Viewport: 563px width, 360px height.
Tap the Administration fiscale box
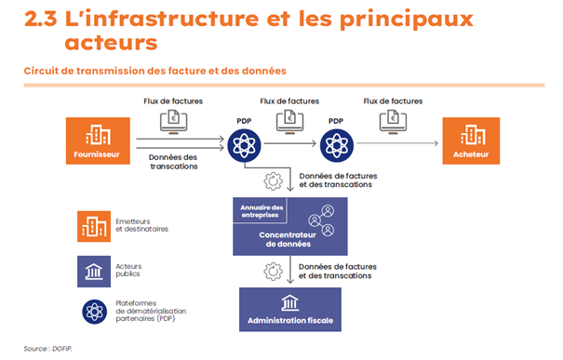tap(289, 311)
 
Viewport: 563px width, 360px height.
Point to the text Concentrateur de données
tap(289, 240)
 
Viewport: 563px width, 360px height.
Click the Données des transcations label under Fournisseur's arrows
tap(174, 162)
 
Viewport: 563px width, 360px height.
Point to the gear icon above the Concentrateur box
tap(274, 179)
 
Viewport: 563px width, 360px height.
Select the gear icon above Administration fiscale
tap(274, 271)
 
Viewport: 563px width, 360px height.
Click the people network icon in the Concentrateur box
tap(327, 220)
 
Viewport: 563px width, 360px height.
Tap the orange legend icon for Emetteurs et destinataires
tap(94, 224)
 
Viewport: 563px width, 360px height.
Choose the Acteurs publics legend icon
tap(94, 271)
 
